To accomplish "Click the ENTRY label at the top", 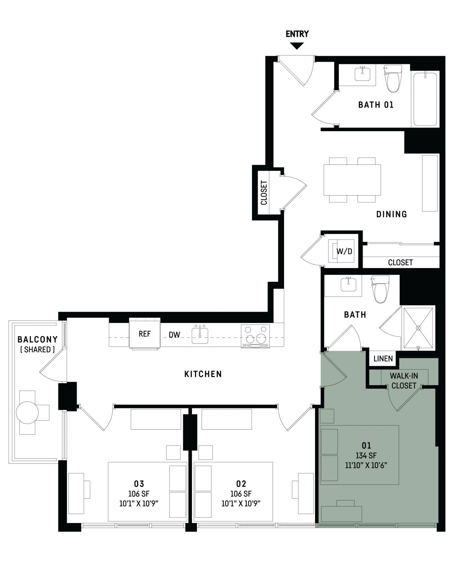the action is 297,34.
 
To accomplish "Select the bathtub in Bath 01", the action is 425,99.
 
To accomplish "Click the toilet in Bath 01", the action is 392,79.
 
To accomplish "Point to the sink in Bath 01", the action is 363,74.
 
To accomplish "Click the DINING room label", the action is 391,214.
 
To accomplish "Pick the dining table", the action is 352,180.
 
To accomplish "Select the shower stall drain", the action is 418,328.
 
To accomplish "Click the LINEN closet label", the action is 383,358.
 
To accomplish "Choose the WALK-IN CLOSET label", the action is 404,381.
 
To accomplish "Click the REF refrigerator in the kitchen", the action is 145,334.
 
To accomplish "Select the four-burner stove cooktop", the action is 255,336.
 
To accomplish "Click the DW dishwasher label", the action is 174,335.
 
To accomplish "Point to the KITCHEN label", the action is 203,374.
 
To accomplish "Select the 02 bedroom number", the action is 241,483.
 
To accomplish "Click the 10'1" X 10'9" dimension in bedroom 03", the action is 139,504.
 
